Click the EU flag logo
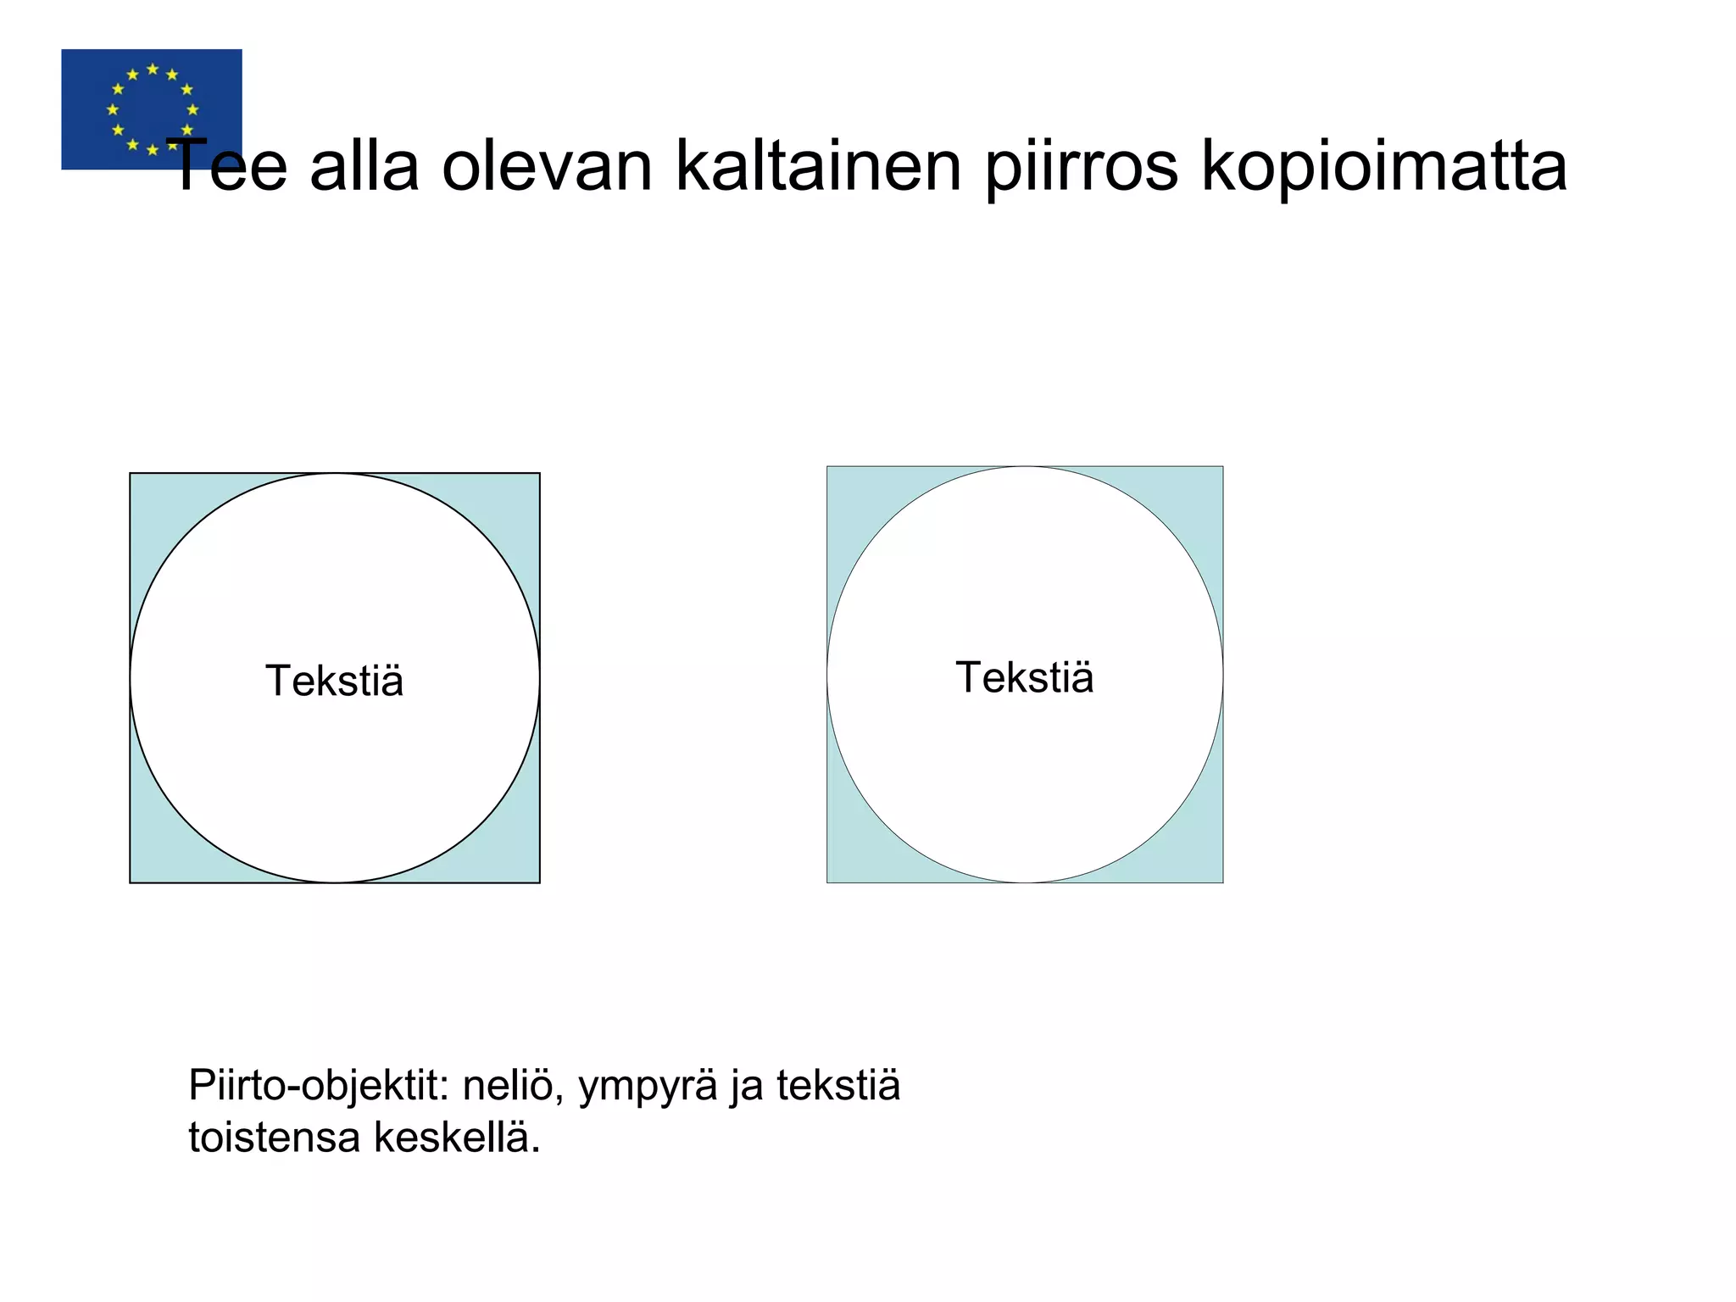[x=151, y=108]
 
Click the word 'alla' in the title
[x=364, y=166]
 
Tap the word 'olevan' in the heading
[x=547, y=166]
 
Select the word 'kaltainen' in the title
[x=818, y=166]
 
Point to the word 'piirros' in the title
[x=1081, y=166]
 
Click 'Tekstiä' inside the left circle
[x=334, y=681]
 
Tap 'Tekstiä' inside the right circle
[x=1024, y=677]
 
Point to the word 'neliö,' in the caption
[x=513, y=1085]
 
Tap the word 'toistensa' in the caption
[x=274, y=1137]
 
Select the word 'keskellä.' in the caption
[x=457, y=1137]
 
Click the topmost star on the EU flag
[x=153, y=69]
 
